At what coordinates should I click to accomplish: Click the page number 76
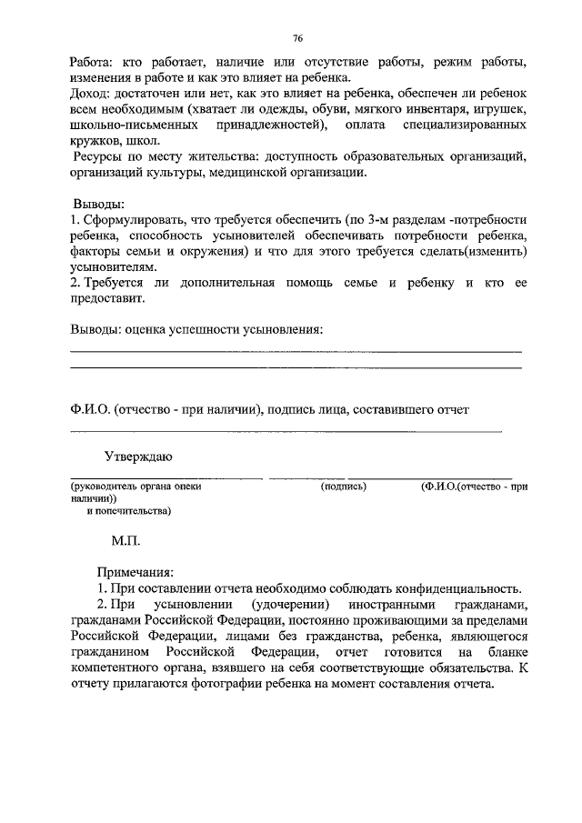[x=297, y=38]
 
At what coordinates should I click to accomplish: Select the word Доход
[x=90, y=95]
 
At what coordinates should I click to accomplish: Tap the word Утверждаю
[x=138, y=455]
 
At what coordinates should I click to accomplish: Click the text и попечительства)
[x=129, y=511]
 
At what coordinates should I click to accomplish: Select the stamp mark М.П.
[x=125, y=539]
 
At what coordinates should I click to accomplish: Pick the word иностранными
[x=385, y=605]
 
